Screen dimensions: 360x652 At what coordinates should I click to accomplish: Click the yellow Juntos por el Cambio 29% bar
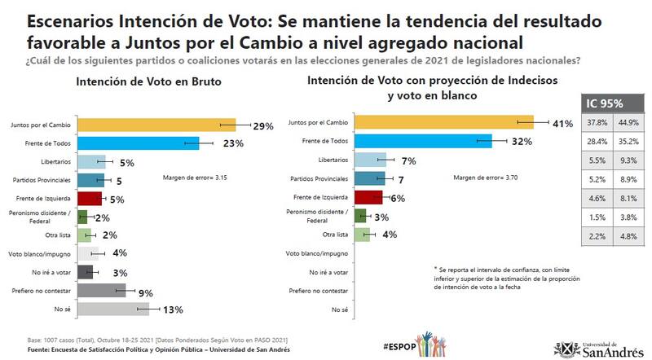pos(155,124)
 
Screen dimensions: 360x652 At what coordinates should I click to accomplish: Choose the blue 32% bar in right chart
pos(424,141)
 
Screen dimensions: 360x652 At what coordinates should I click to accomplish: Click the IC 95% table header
pos(607,103)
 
